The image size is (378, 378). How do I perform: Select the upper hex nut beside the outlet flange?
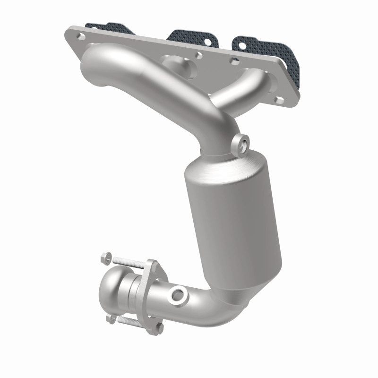click(106, 259)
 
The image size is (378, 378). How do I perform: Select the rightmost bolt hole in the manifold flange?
click(280, 100)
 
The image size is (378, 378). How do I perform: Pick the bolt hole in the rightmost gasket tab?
click(241, 45)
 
